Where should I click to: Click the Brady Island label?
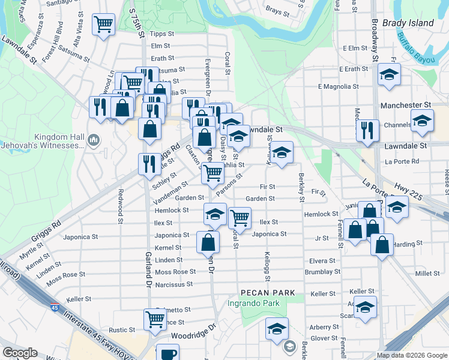point(411,23)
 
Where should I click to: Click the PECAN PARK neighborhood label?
point(268,292)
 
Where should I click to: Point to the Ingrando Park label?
point(254,303)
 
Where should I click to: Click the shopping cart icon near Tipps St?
point(103,25)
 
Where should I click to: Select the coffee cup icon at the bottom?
point(167,353)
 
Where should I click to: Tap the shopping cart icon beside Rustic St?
point(155,319)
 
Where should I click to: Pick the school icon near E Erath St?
point(389,76)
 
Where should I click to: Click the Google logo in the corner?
point(20,353)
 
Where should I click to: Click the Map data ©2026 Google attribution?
point(411,355)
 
